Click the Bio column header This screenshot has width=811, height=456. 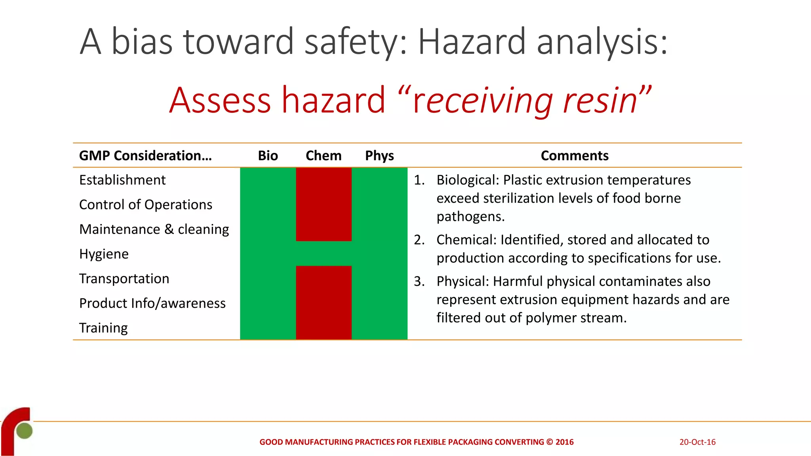tap(268, 156)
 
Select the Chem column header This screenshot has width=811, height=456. tap(324, 156)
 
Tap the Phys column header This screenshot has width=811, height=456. tap(379, 156)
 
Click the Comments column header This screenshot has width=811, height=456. tap(574, 156)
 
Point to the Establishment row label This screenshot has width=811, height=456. tap(122, 180)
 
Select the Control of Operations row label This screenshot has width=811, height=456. tap(146, 205)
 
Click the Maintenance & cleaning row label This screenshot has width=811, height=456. tap(154, 229)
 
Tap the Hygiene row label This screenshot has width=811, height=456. tap(104, 254)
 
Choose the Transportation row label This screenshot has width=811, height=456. tap(124, 279)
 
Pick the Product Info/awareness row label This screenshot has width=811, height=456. tap(152, 303)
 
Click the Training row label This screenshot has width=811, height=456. tap(103, 328)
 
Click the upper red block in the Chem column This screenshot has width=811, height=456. tap(324, 204)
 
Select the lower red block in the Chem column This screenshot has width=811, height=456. tap(324, 302)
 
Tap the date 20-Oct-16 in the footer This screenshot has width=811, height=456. tap(697, 442)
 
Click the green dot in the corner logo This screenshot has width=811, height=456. tap(24, 431)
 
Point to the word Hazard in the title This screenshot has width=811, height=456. tap(472, 42)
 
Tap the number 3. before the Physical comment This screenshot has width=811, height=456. tap(419, 281)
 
